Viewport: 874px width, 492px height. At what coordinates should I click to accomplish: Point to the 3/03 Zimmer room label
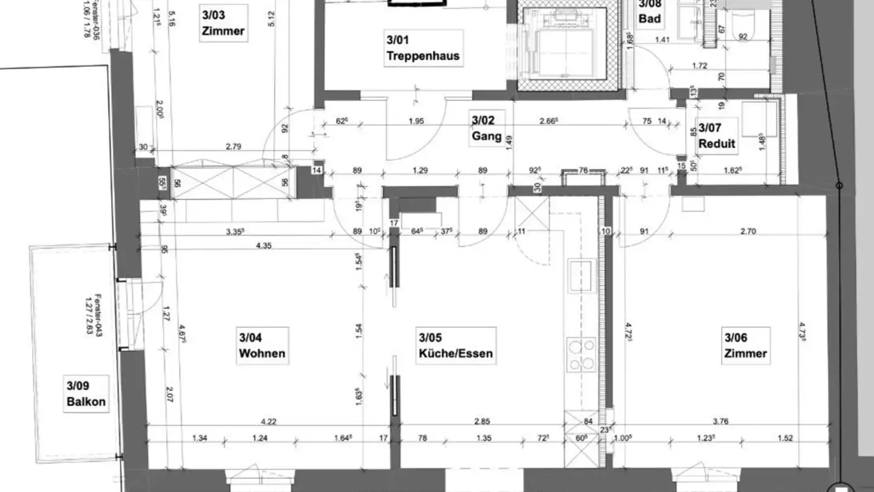pos(223,22)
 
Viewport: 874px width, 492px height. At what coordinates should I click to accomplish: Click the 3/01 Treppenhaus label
pos(423,49)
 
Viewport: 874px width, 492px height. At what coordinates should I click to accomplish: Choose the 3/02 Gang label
pos(486,128)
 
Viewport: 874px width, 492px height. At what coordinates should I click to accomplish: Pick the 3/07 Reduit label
pos(717,136)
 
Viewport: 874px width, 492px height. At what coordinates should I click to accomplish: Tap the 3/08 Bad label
pos(649,12)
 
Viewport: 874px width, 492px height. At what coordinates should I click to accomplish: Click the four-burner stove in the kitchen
pos(581,355)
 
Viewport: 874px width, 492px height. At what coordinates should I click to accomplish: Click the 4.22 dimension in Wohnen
pos(268,420)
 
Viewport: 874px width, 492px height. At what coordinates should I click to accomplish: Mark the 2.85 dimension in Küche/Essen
pos(481,420)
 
